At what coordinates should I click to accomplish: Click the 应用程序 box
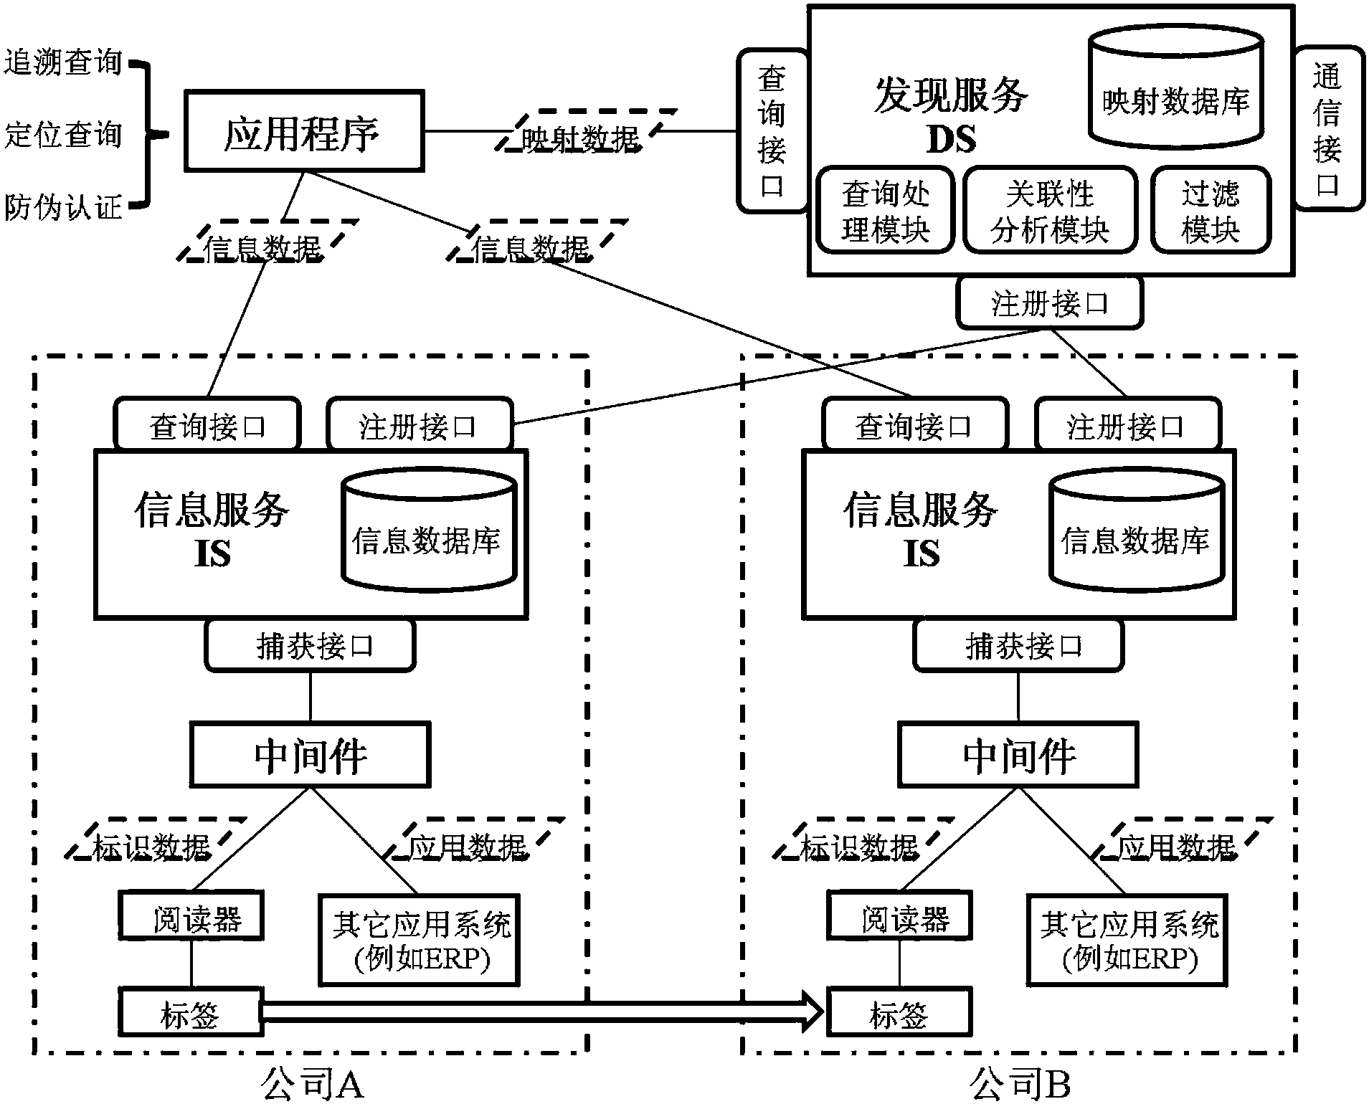coord(304,131)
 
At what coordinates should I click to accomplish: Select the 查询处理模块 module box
coord(886,211)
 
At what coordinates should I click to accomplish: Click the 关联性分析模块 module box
coord(1049,211)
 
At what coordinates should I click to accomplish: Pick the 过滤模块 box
coord(1210,211)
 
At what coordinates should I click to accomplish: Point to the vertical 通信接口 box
coord(1327,129)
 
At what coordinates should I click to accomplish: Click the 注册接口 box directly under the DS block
coord(1049,304)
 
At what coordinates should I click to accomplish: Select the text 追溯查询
coord(63,62)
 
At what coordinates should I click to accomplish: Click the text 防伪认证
coord(63,208)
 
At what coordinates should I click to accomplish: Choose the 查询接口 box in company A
coord(207,426)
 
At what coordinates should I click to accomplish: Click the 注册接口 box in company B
coord(1127,426)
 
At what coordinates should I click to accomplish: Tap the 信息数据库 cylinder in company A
coord(428,530)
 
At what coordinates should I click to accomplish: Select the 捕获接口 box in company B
coord(1018,646)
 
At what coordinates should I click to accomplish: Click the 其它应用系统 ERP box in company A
coord(420,940)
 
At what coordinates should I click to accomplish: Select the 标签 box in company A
coord(191,1012)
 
